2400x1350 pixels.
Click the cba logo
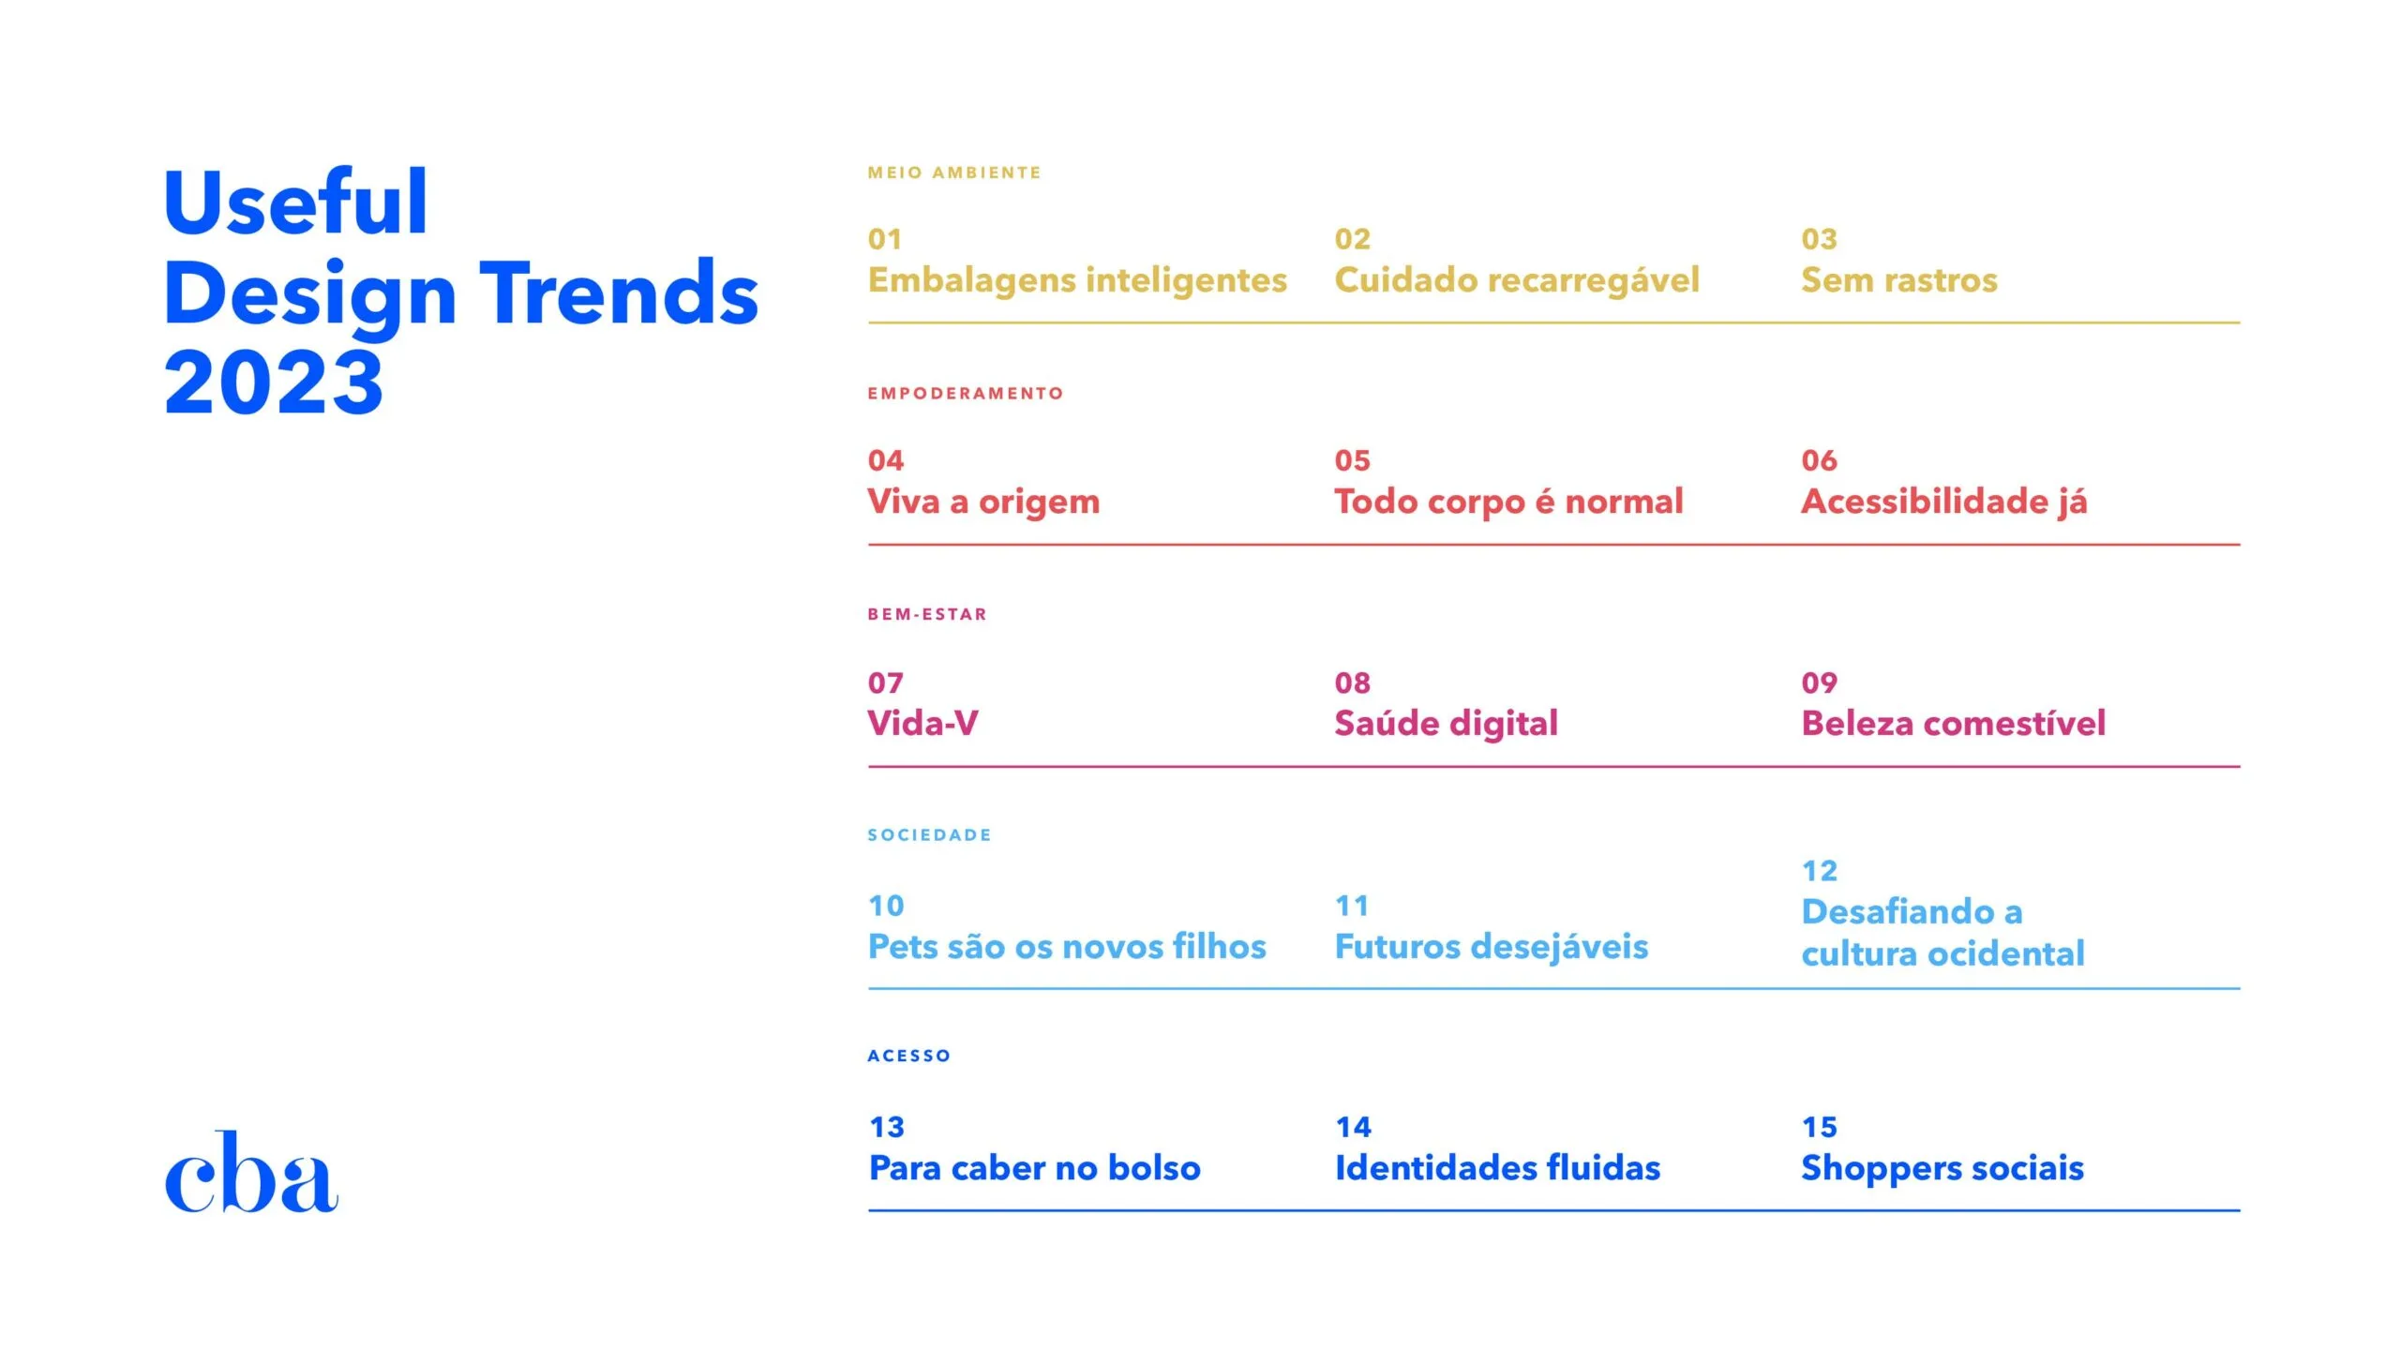click(x=251, y=1173)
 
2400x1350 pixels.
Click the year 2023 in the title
click(x=274, y=382)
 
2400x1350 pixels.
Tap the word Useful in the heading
click(x=296, y=202)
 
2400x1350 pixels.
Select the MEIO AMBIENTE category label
click(x=954, y=172)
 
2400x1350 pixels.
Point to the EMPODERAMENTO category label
click(x=966, y=394)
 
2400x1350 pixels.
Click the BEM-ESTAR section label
click(x=927, y=615)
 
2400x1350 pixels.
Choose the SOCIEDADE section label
click(x=929, y=835)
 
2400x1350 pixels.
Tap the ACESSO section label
click(x=909, y=1057)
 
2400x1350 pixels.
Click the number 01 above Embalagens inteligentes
click(x=885, y=239)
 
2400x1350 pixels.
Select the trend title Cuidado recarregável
click(x=1516, y=280)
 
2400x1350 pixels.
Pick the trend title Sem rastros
click(x=1898, y=280)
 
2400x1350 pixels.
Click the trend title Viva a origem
click(x=983, y=502)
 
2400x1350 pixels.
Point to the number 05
click(x=1352, y=460)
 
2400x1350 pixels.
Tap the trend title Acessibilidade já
click(x=1943, y=502)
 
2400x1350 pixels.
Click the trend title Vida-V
click(x=922, y=724)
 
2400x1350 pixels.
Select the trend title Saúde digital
click(x=1446, y=724)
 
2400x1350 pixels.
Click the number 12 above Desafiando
click(x=1819, y=871)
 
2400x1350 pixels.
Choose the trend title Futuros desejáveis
click(x=1491, y=947)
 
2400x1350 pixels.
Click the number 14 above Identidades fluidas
click(x=1353, y=1127)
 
